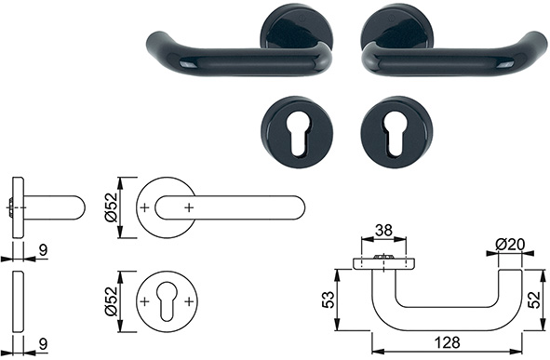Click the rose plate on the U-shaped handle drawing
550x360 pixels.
(x=382, y=263)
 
